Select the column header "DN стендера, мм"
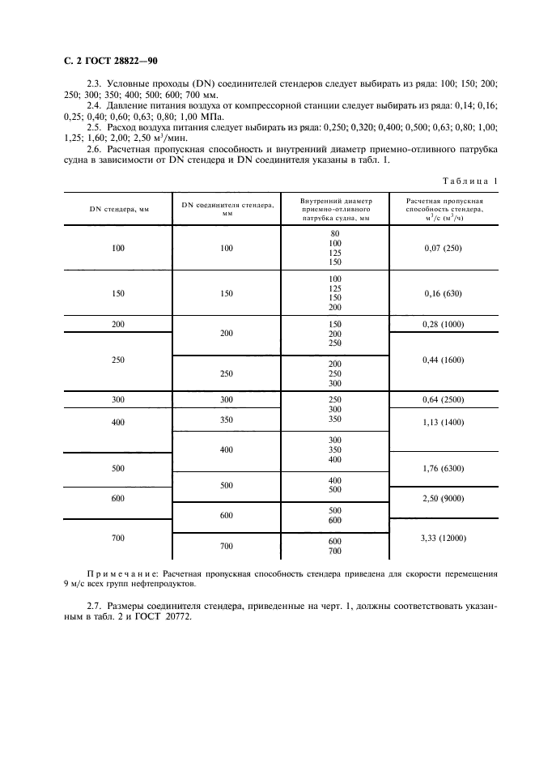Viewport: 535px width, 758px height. pos(119,209)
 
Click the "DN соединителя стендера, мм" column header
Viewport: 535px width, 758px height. pos(226,209)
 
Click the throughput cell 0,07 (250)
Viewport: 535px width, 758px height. pos(442,248)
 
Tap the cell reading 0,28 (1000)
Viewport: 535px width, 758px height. pos(442,324)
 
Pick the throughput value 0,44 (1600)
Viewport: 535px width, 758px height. pos(442,360)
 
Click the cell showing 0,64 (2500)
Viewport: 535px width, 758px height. pos(442,400)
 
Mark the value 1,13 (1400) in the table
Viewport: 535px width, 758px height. pos(442,421)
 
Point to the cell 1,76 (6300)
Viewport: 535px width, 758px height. pos(442,468)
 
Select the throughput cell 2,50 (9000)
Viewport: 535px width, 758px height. pos(442,498)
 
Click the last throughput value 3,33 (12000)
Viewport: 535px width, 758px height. pos(442,538)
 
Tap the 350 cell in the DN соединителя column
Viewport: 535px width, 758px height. pos(226,420)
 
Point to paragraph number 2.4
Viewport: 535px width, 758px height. pos(94,105)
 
